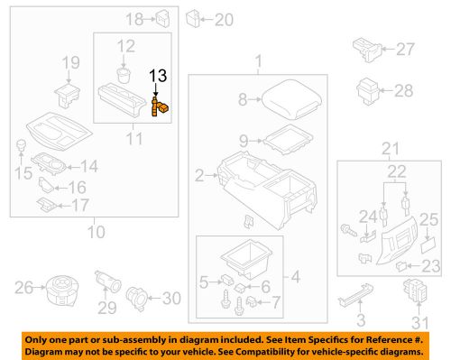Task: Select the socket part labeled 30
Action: (141, 295)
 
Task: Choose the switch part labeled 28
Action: (367, 89)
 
